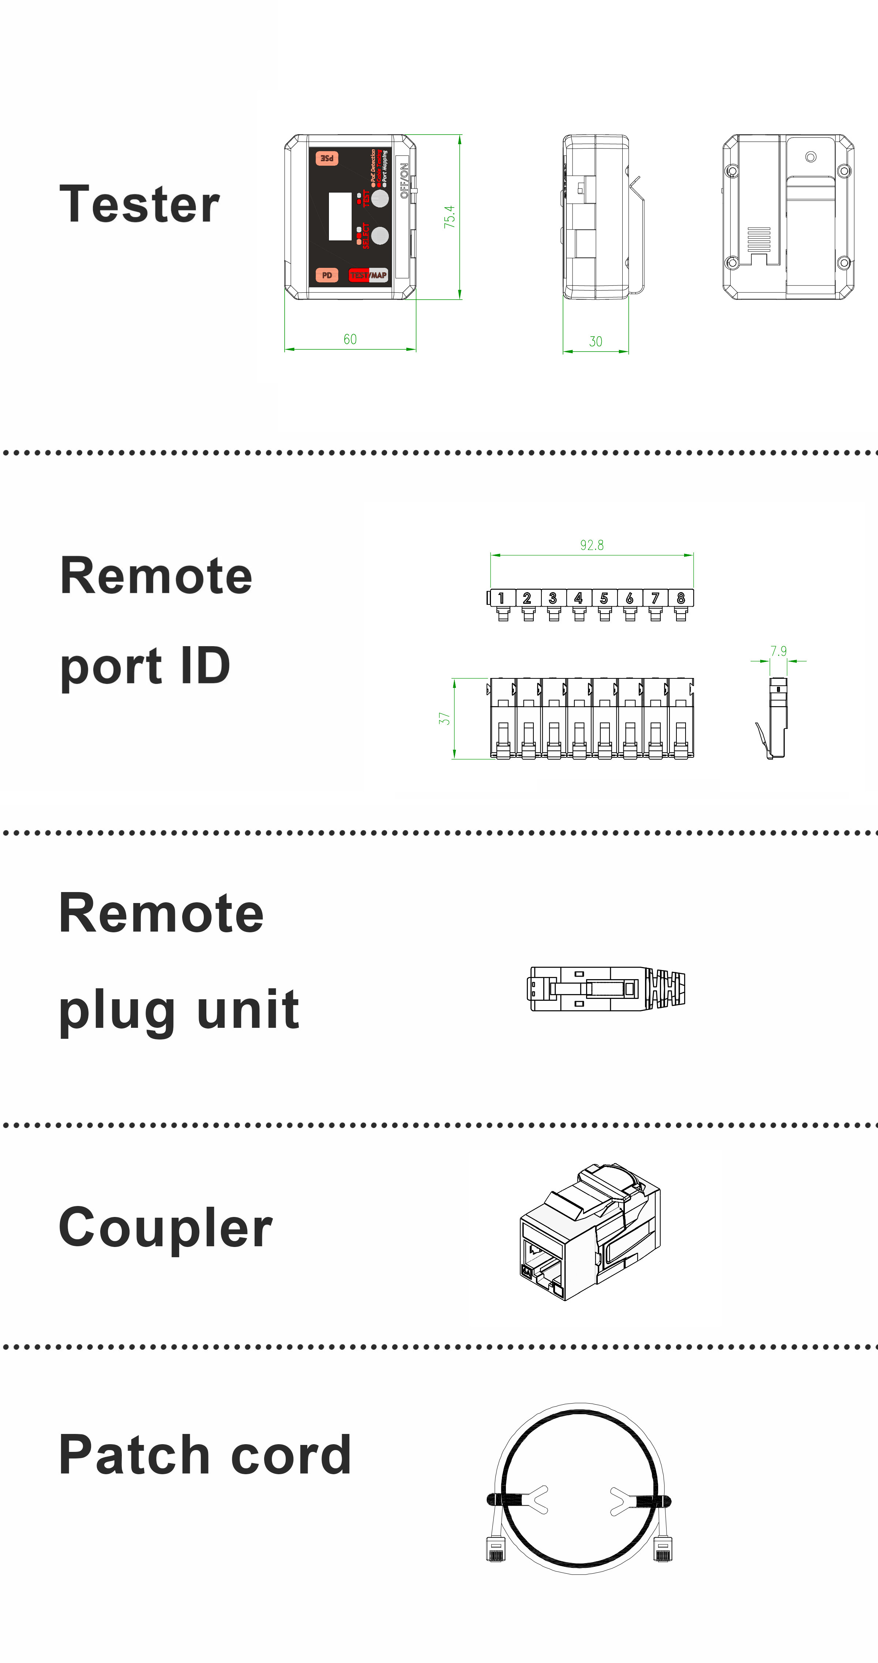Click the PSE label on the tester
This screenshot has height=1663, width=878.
327,158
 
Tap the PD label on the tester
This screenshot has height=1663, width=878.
327,275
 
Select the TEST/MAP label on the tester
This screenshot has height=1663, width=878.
368,275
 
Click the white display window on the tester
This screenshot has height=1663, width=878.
340,216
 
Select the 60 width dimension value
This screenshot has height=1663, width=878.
350,339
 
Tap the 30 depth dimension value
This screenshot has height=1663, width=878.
595,341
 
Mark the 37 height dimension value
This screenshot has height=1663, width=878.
444,719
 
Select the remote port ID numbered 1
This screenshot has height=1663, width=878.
502,599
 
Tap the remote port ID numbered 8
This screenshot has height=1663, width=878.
680,599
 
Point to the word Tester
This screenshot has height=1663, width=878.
139,204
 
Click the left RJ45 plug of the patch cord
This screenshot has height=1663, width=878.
496,1549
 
